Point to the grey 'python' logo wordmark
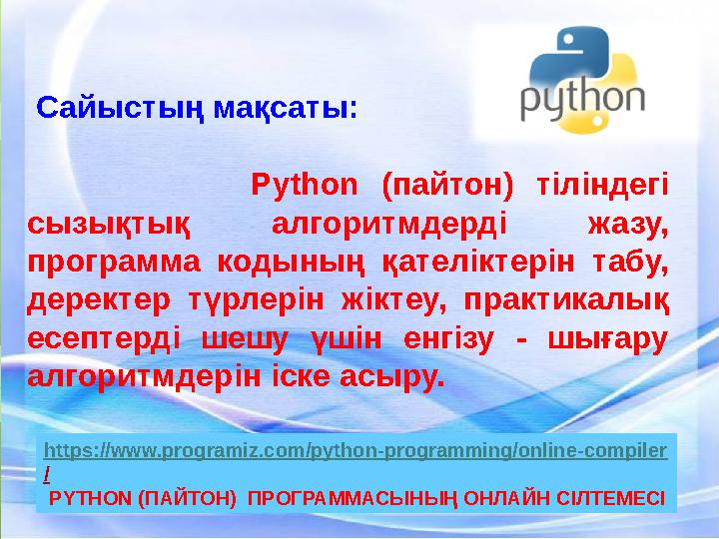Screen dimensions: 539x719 [583, 101]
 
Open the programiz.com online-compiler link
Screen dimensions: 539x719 [356, 451]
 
